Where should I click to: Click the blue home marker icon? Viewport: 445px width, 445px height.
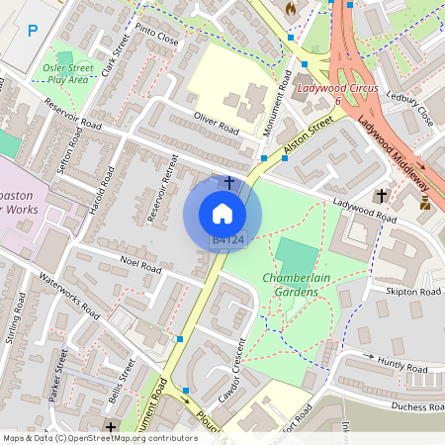click(222, 213)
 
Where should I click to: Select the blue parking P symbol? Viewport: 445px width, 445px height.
click(33, 31)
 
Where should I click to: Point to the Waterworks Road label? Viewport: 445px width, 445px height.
click(70, 295)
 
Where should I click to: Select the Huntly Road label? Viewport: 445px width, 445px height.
click(402, 367)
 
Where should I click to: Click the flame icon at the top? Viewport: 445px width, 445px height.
click(290, 8)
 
